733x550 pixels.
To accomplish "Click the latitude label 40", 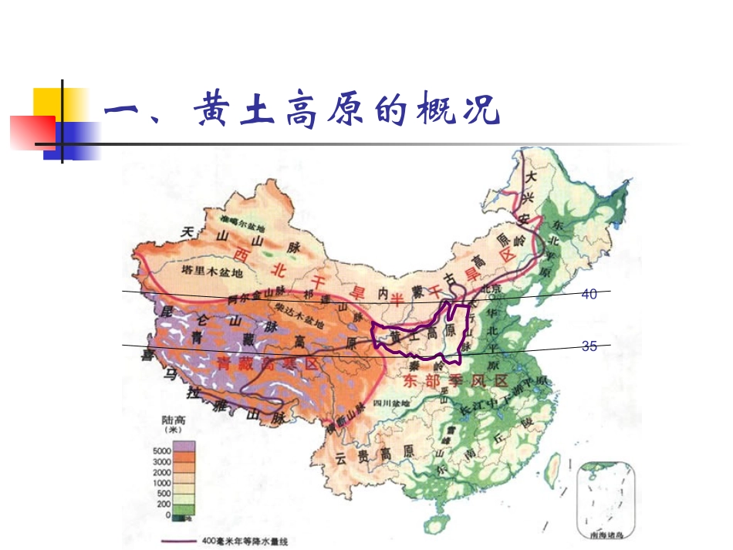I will [589, 295].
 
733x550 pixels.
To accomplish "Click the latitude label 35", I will [589, 347].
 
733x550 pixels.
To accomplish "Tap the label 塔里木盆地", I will [211, 272].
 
